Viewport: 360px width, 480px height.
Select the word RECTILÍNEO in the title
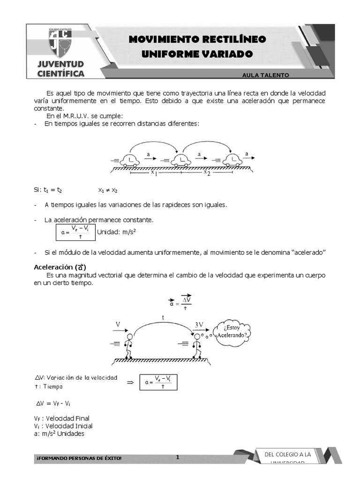point(233,39)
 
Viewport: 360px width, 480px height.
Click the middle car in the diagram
point(180,161)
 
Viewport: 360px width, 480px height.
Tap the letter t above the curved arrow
point(163,317)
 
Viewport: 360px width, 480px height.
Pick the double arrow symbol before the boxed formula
point(131,383)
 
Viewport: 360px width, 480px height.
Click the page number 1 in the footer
point(178,457)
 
